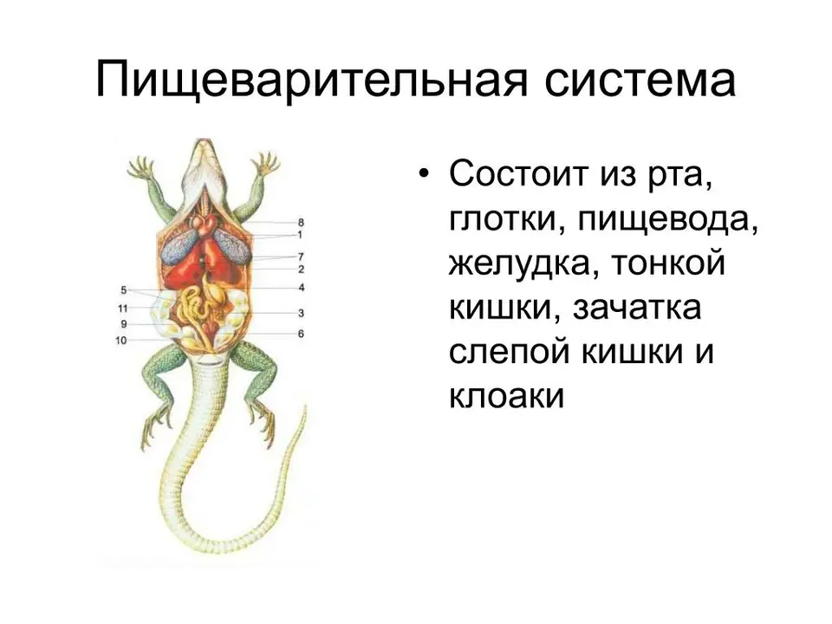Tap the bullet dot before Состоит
tap(423, 173)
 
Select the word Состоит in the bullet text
tap(519, 173)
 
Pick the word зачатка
tap(637, 309)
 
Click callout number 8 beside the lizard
tap(301, 223)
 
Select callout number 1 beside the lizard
tap(300, 235)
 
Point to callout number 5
tap(124, 290)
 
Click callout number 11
tap(122, 308)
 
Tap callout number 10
tap(121, 340)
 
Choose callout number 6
tap(301, 334)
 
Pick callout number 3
tap(301, 313)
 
